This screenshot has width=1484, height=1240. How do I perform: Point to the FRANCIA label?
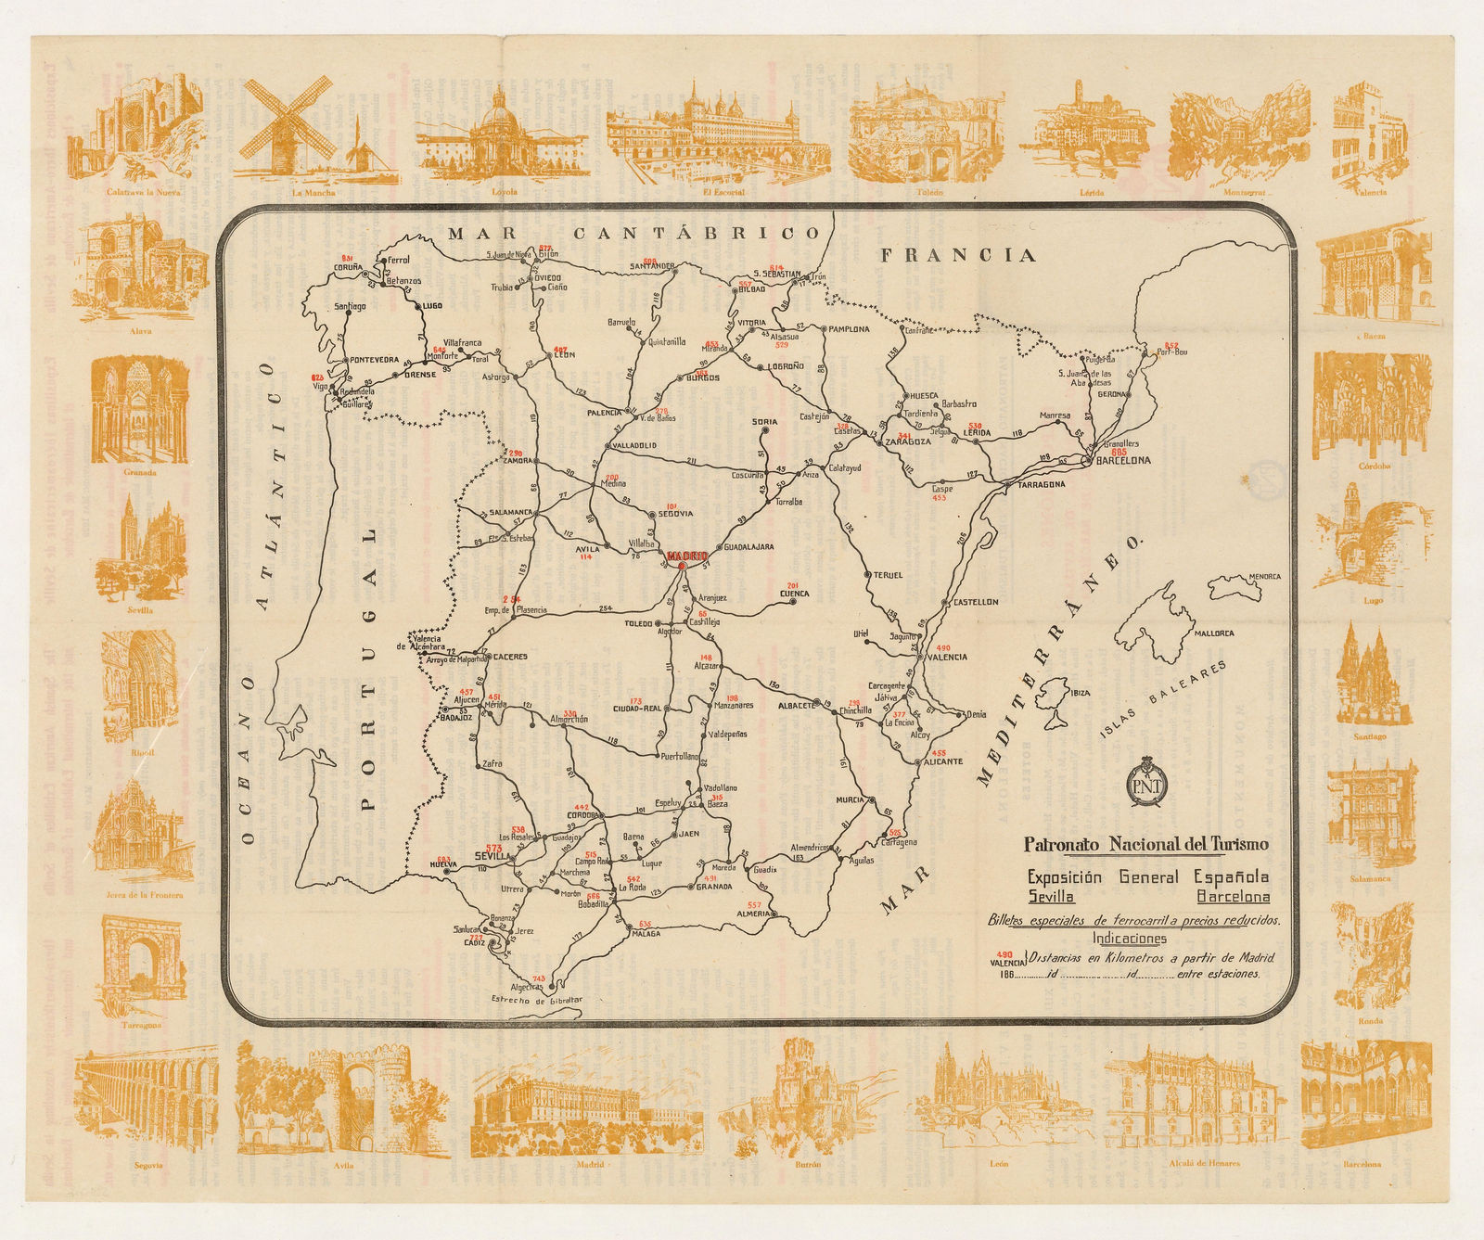[957, 255]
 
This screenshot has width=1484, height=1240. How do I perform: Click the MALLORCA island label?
[1213, 633]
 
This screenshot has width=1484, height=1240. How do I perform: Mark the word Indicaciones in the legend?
[1128, 939]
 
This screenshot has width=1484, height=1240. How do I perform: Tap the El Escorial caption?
[723, 193]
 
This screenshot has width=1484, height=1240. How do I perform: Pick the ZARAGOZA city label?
[908, 442]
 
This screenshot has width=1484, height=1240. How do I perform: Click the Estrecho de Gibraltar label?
[537, 1000]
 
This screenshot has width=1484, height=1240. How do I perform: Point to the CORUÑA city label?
[349, 269]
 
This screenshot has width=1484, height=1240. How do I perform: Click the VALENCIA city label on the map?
[946, 657]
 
